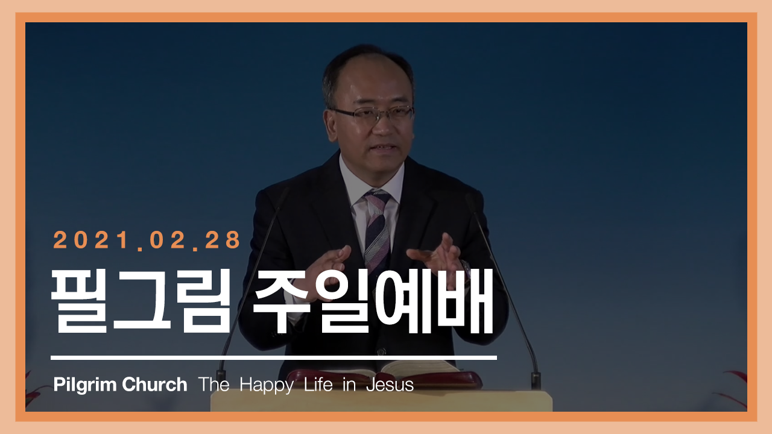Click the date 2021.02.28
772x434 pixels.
[147, 240]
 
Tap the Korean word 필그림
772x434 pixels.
[141, 301]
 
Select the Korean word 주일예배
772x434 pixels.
[373, 301]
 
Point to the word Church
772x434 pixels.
[154, 384]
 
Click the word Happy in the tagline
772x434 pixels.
[267, 385]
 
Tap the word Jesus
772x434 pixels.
[390, 385]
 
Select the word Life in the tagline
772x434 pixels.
[318, 384]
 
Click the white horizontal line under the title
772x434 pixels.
[274, 358]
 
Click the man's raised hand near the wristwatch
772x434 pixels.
[437, 254]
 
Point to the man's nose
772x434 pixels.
[382, 128]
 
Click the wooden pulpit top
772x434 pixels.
[381, 400]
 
